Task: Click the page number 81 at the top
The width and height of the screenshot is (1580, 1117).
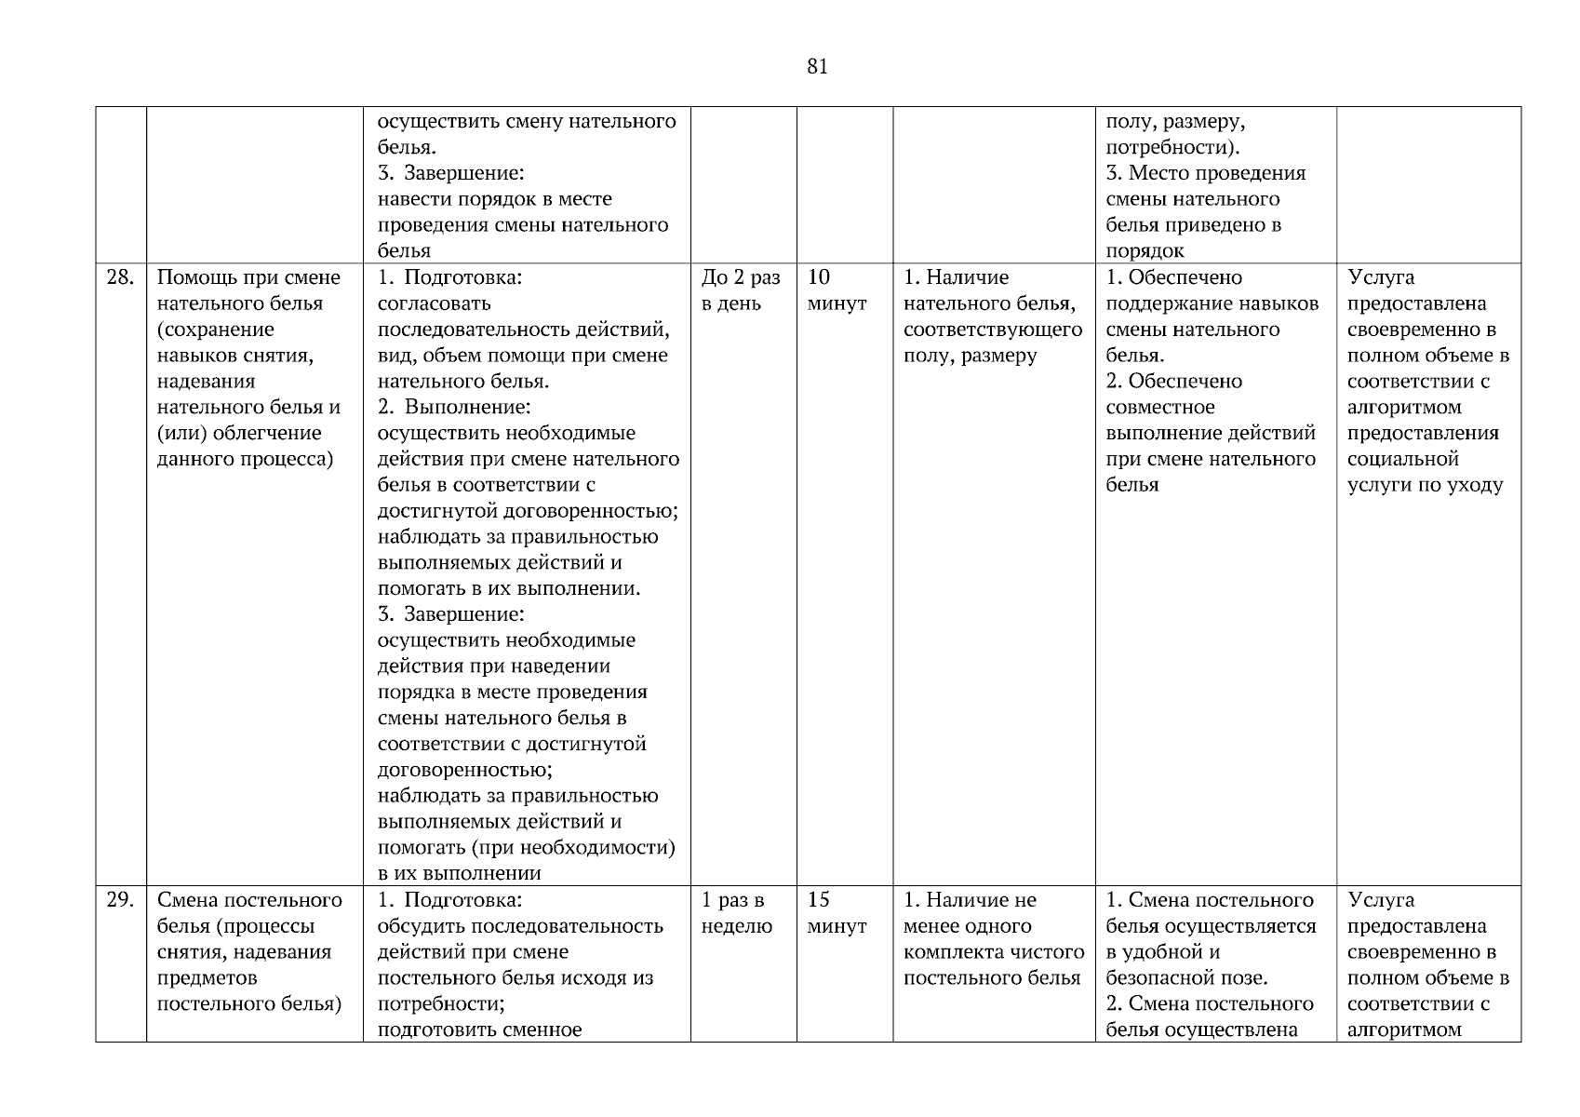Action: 817,67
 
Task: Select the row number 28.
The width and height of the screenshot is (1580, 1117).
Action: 120,277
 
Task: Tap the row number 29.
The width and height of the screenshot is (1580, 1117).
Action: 120,900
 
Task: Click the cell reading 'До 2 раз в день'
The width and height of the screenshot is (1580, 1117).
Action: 741,290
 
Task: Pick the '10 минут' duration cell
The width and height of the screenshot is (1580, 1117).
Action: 836,290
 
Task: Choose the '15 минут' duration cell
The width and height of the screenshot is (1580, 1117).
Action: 836,913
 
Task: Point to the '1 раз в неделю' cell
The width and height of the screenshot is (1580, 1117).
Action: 736,913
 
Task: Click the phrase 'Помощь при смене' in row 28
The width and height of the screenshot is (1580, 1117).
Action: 248,277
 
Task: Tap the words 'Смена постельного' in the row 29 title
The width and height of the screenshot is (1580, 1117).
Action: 249,900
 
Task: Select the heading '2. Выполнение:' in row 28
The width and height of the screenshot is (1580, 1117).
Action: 454,407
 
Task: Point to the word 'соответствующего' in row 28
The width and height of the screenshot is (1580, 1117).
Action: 992,330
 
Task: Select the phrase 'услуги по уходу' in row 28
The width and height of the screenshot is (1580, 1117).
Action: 1424,485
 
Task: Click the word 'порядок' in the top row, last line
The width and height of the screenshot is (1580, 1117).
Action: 1145,251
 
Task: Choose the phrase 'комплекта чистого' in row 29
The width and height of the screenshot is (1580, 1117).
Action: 993,952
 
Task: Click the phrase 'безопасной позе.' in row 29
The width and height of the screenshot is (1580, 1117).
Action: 1186,978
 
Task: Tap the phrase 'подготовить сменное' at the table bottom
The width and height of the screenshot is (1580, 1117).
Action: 479,1030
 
